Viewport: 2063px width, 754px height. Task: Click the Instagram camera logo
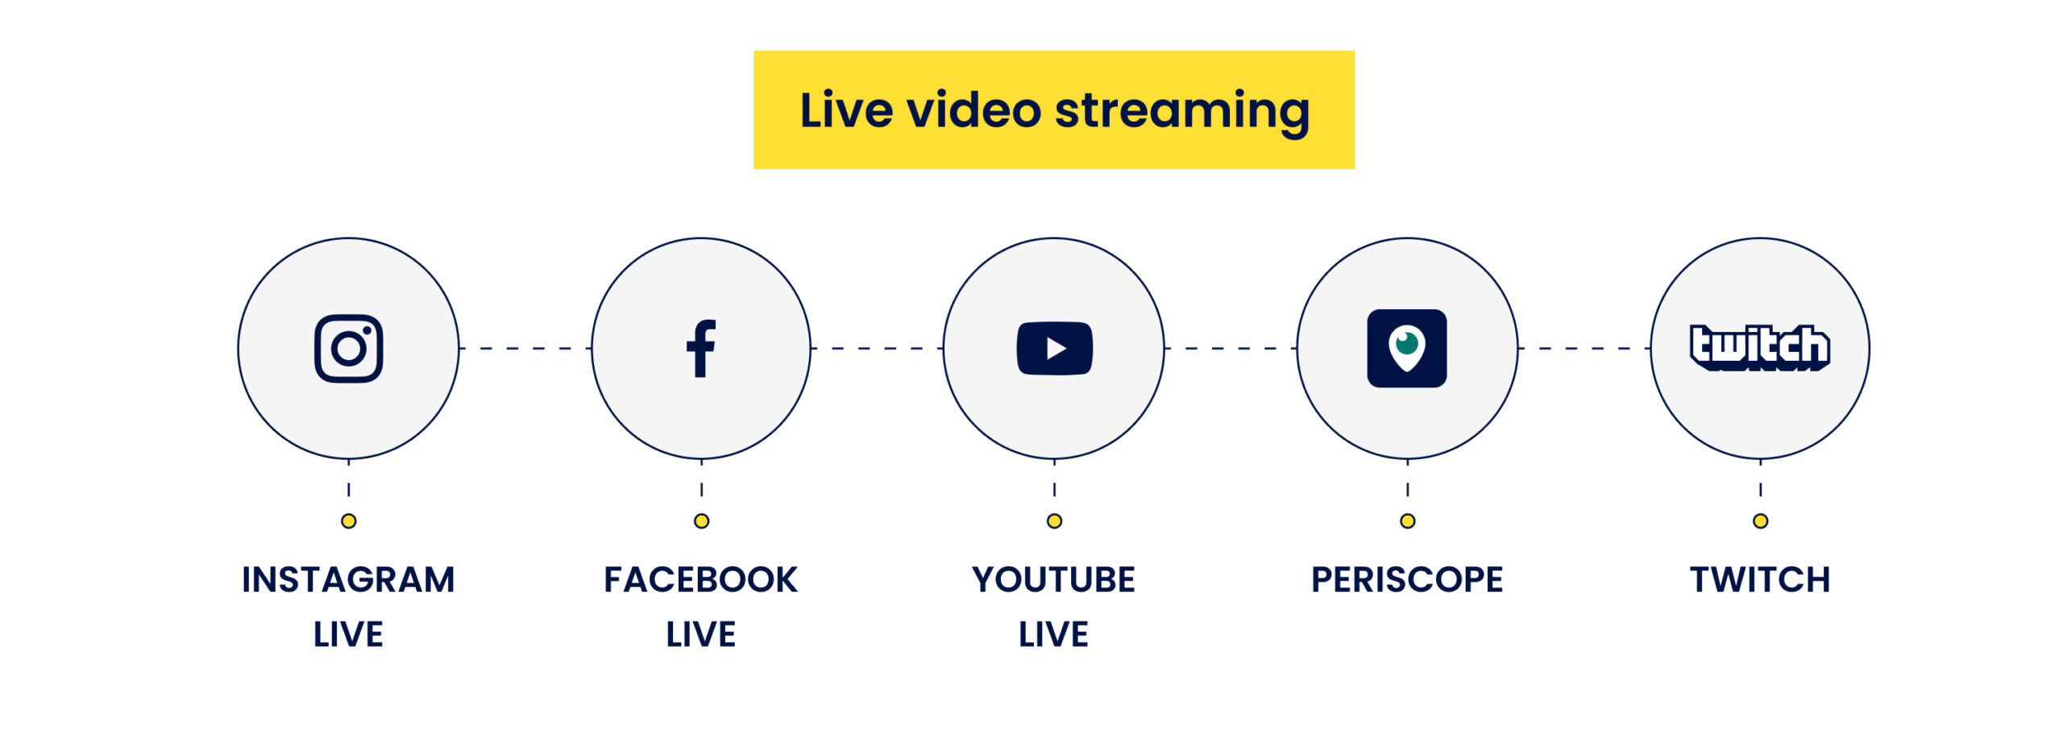pos(348,348)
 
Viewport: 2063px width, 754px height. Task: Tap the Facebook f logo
pos(701,348)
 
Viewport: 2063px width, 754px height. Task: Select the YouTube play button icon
pos(1054,348)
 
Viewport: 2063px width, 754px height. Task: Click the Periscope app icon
pos(1407,348)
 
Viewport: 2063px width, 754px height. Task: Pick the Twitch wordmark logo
pos(1760,348)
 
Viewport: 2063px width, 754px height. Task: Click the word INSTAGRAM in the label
pos(348,579)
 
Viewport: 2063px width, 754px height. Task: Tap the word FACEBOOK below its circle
pos(701,579)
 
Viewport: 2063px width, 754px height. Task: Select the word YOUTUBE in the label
pos(1054,579)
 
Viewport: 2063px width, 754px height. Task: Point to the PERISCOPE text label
pos(1407,579)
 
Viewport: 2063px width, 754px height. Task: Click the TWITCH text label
pos(1760,579)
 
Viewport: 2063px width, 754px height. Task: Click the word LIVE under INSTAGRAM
pos(348,634)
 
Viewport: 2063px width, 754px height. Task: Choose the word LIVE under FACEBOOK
pos(701,634)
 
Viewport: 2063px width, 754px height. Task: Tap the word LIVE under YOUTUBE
pos(1054,634)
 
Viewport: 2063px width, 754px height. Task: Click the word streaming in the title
pos(1182,110)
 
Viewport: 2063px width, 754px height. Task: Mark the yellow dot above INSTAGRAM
pos(348,521)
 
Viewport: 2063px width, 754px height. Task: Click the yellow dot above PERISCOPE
pos(1407,521)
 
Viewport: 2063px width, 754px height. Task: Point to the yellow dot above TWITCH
pos(1760,521)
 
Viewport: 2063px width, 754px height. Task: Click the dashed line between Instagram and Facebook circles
pos(525,348)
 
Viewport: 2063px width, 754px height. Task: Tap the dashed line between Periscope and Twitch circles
pos(1584,348)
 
